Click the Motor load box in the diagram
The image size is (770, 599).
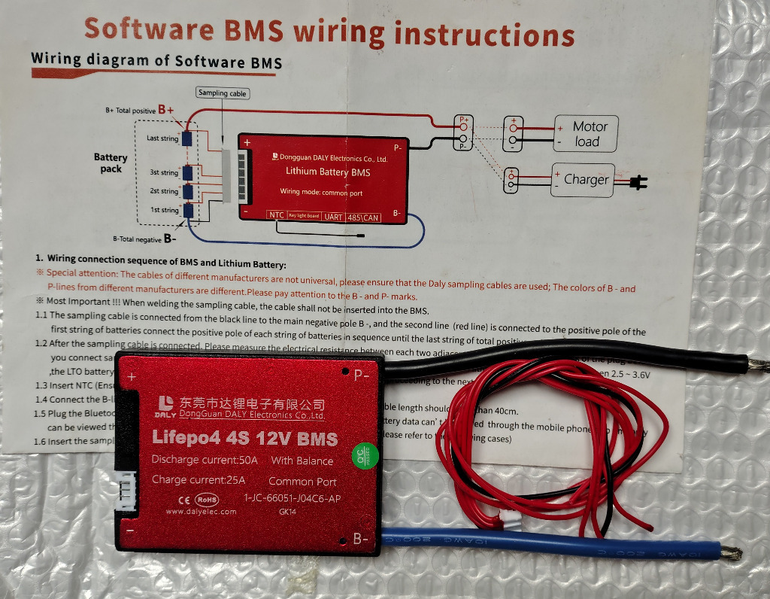(586, 134)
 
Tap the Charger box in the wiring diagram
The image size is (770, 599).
(583, 180)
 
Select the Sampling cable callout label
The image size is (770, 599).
(223, 93)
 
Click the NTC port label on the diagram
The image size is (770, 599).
(277, 216)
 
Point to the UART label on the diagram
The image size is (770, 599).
(333, 217)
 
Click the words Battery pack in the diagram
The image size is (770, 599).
(111, 163)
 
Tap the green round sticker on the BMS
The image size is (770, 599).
(365, 455)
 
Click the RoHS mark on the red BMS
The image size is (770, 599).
(207, 498)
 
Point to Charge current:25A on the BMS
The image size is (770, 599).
(199, 479)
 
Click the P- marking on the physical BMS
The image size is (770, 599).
(361, 373)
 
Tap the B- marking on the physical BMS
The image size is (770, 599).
(360, 539)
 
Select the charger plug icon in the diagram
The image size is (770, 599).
(640, 181)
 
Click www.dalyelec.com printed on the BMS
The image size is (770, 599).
(201, 512)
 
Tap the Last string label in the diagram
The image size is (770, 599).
(162, 138)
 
